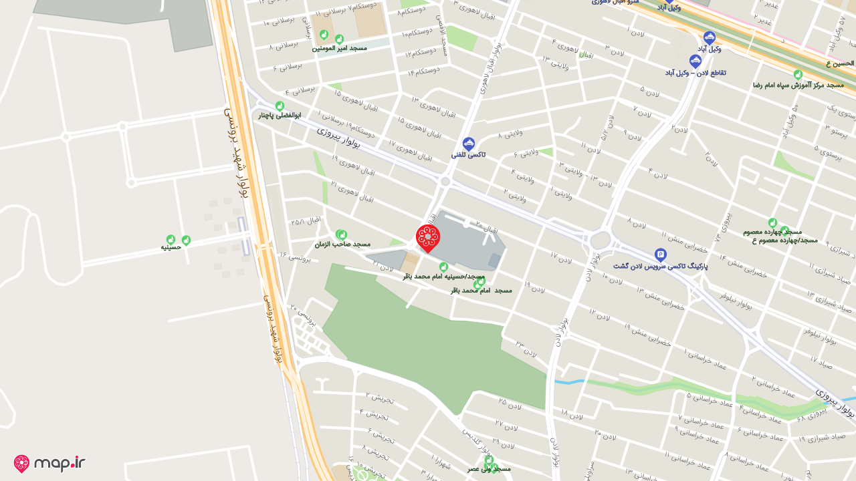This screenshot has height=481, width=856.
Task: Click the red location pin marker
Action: (x=428, y=238)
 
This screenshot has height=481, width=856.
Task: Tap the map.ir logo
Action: (x=49, y=463)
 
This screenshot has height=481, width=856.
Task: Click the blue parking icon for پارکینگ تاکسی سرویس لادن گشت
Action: (x=661, y=255)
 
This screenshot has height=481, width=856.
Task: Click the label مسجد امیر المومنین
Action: (x=339, y=48)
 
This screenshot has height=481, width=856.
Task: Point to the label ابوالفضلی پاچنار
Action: (x=280, y=116)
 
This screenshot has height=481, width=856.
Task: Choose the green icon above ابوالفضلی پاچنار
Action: (x=280, y=106)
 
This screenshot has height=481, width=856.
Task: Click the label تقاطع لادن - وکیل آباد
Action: (x=695, y=72)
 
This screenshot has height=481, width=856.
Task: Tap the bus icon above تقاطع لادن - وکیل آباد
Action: (x=695, y=61)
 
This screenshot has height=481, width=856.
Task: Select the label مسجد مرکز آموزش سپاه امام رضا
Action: (x=798, y=86)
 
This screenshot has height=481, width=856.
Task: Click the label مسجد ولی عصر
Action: (x=489, y=469)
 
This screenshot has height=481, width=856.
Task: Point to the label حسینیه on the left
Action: (x=171, y=247)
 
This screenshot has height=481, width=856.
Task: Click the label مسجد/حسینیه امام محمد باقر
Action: (x=443, y=276)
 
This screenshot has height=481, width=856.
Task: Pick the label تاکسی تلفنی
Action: (x=468, y=155)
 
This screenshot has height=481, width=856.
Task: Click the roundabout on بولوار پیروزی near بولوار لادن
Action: (x=600, y=240)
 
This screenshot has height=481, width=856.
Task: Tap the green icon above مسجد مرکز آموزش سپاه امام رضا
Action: (x=798, y=75)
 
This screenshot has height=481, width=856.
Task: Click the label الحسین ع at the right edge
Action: (x=840, y=63)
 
